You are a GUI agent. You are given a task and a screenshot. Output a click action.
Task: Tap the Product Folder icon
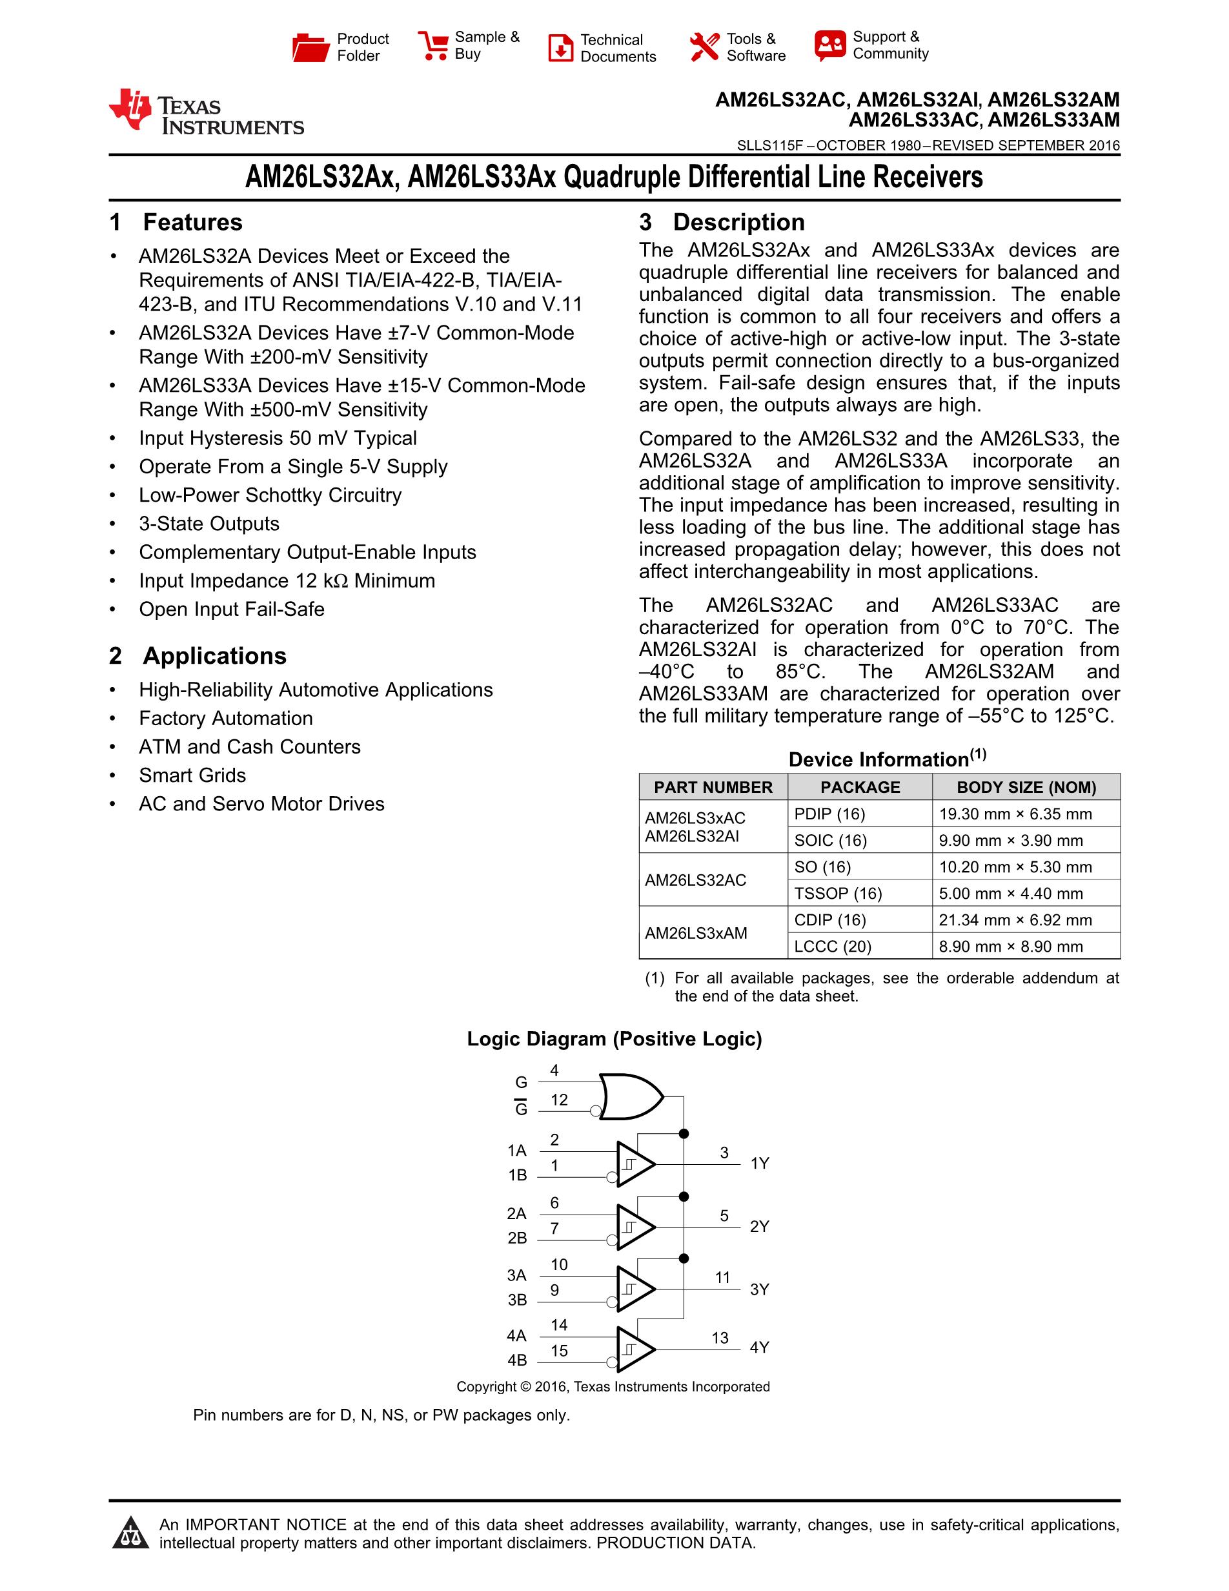[311, 47]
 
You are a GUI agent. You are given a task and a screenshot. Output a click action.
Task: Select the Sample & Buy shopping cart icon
[433, 45]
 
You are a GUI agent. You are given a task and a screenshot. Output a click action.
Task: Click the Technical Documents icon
[560, 48]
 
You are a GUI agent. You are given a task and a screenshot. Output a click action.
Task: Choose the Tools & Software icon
[704, 47]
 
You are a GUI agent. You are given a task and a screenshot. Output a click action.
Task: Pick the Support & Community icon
[830, 45]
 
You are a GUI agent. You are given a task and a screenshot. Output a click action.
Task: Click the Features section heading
[192, 222]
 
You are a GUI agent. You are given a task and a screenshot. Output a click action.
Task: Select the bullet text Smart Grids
[192, 775]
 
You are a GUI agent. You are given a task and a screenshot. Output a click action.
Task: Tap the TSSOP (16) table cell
[838, 893]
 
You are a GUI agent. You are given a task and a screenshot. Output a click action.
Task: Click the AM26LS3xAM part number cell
[696, 933]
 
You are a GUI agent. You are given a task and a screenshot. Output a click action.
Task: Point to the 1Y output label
[759, 1164]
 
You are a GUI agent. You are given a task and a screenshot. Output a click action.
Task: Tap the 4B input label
[517, 1360]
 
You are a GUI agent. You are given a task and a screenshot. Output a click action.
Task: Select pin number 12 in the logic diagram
[559, 1100]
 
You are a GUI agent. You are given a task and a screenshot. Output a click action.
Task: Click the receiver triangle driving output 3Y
[634, 1289]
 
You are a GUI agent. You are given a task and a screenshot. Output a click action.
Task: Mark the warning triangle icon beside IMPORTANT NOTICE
[131, 1533]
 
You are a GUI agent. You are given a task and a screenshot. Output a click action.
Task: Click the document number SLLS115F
[769, 145]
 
